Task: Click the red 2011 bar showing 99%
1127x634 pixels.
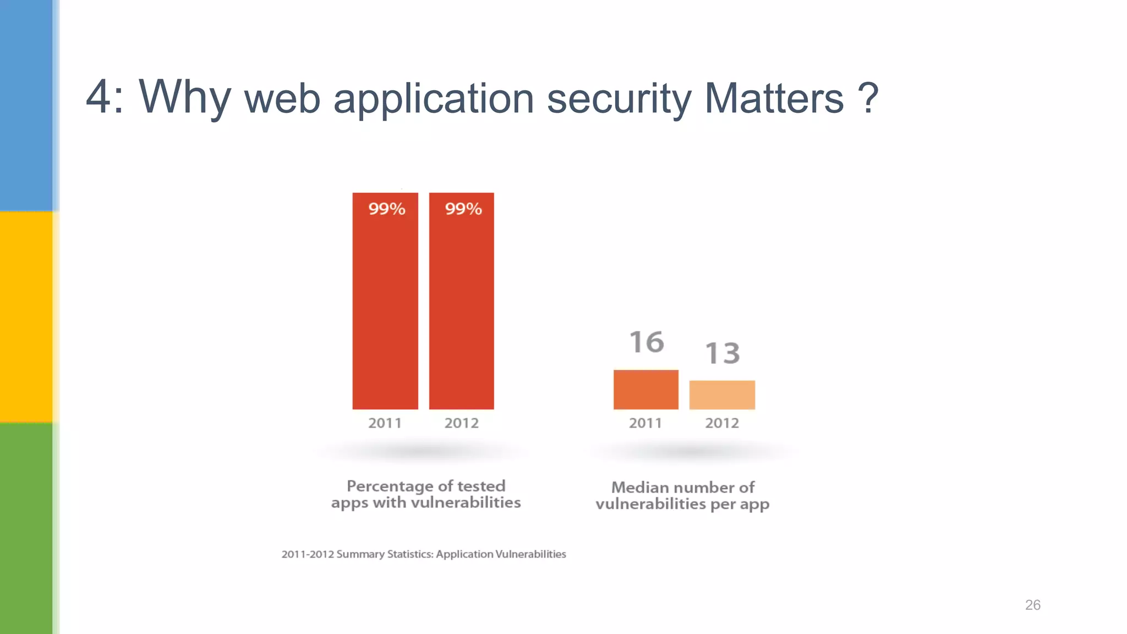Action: coord(385,308)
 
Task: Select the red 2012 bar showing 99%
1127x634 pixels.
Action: coord(461,308)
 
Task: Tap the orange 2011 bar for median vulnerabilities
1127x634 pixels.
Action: coord(645,390)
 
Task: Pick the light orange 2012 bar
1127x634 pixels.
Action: coord(722,395)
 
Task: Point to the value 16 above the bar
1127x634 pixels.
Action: coord(647,342)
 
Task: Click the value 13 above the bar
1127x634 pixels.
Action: coord(723,353)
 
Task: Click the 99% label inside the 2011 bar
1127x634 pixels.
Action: coord(386,209)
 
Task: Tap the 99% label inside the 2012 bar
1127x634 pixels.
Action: coord(463,209)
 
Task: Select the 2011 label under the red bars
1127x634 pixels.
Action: coord(385,423)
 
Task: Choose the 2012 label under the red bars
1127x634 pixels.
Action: coord(461,423)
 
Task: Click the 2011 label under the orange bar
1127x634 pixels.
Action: coord(645,423)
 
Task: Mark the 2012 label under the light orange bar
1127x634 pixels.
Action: coord(722,423)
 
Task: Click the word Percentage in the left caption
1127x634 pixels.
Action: coord(390,486)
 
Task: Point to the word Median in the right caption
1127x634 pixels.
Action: coord(640,487)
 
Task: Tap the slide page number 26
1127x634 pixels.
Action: coord(1032,605)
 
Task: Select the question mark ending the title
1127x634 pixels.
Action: coord(868,98)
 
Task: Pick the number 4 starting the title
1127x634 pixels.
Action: coord(99,97)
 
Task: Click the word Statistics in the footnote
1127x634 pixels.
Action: coord(410,554)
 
